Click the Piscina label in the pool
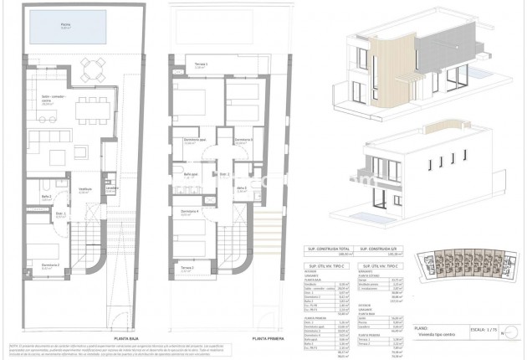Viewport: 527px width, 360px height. (65, 26)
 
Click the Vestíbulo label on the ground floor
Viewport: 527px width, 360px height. (85, 190)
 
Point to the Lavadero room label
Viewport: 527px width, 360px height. (112, 189)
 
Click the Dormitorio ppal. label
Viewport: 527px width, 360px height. (195, 140)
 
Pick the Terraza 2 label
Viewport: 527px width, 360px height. (187, 269)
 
